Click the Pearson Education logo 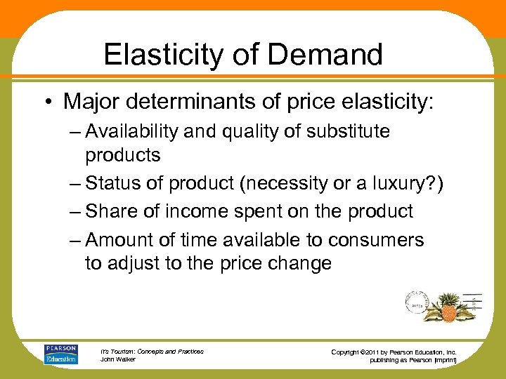[x=62, y=354]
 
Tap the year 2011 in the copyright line [x=378, y=351]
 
